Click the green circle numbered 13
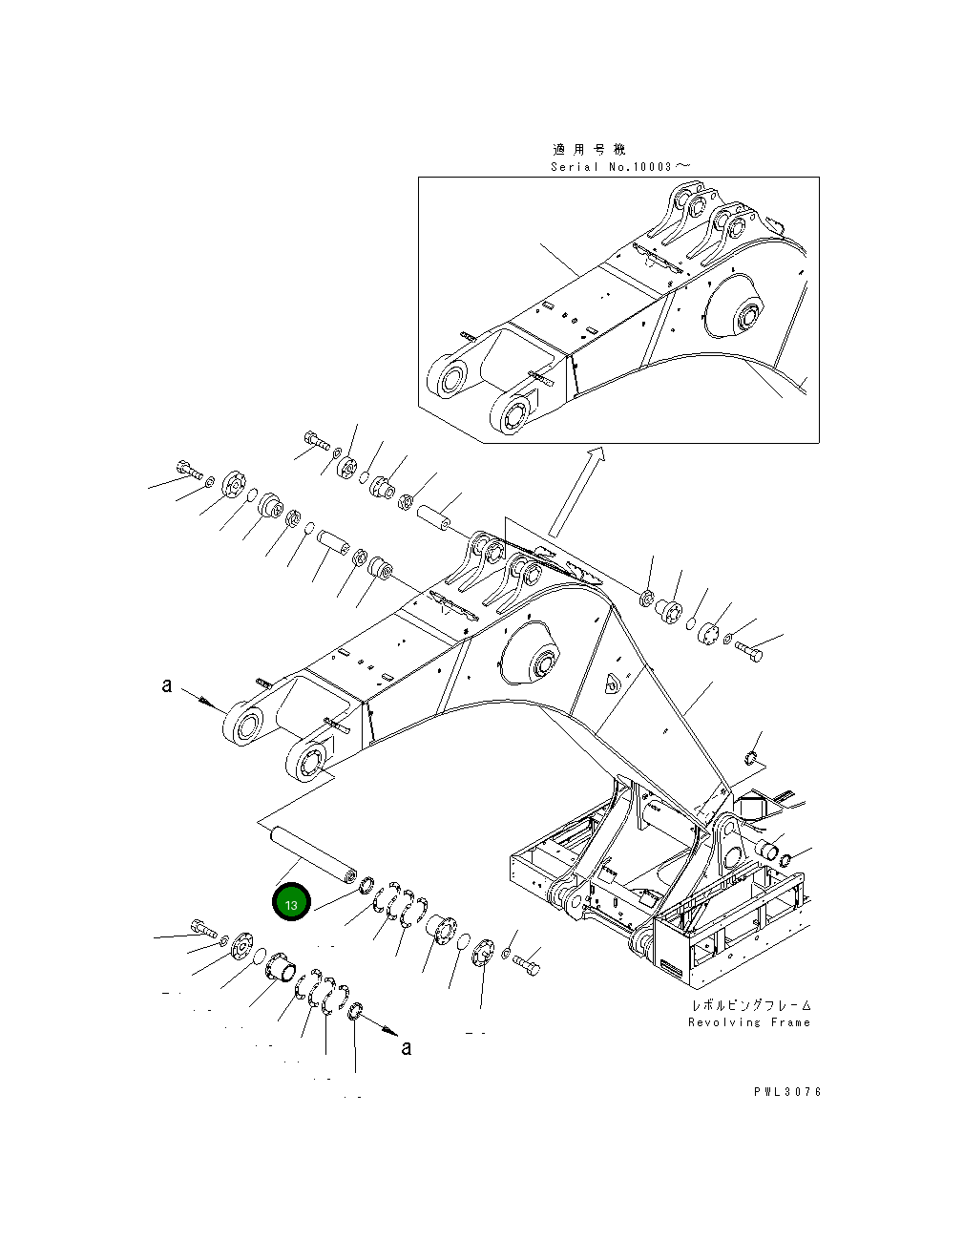pos(291,904)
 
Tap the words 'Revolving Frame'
pos(748,1022)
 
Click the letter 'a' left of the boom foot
pos(167,685)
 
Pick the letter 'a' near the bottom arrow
pos(406,1048)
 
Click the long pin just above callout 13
pos(311,853)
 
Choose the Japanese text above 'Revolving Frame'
pos(751,1006)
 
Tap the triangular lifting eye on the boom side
pos(612,683)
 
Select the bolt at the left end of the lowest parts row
pos(204,925)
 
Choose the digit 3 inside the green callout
pos(295,905)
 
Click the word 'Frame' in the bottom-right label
pos(788,1022)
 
